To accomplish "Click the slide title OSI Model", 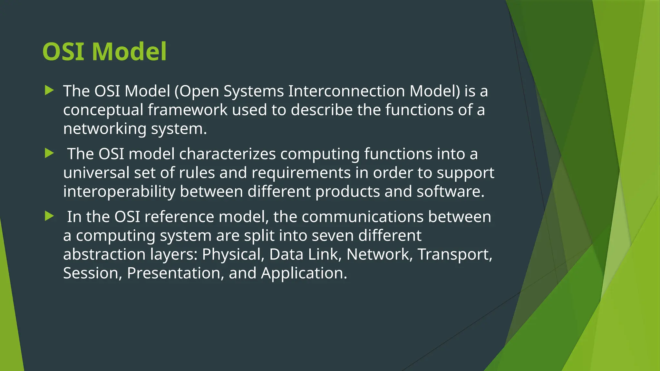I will click(104, 52).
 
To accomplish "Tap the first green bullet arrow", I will click(49, 90).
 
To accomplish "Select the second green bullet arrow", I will click(49, 153).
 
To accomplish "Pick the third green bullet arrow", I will click(49, 216).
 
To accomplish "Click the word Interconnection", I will click(346, 91).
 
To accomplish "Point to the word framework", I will click(188, 110).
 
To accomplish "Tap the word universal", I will click(96, 173).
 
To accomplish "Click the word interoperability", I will click(119, 192).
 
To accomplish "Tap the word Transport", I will click(455, 254).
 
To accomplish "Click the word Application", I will click(304, 273).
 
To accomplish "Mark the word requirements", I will click(301, 173).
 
